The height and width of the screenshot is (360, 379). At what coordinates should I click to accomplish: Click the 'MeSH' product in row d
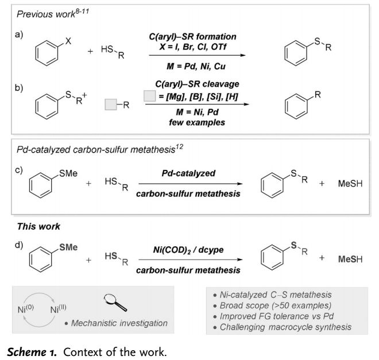click(353, 258)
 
